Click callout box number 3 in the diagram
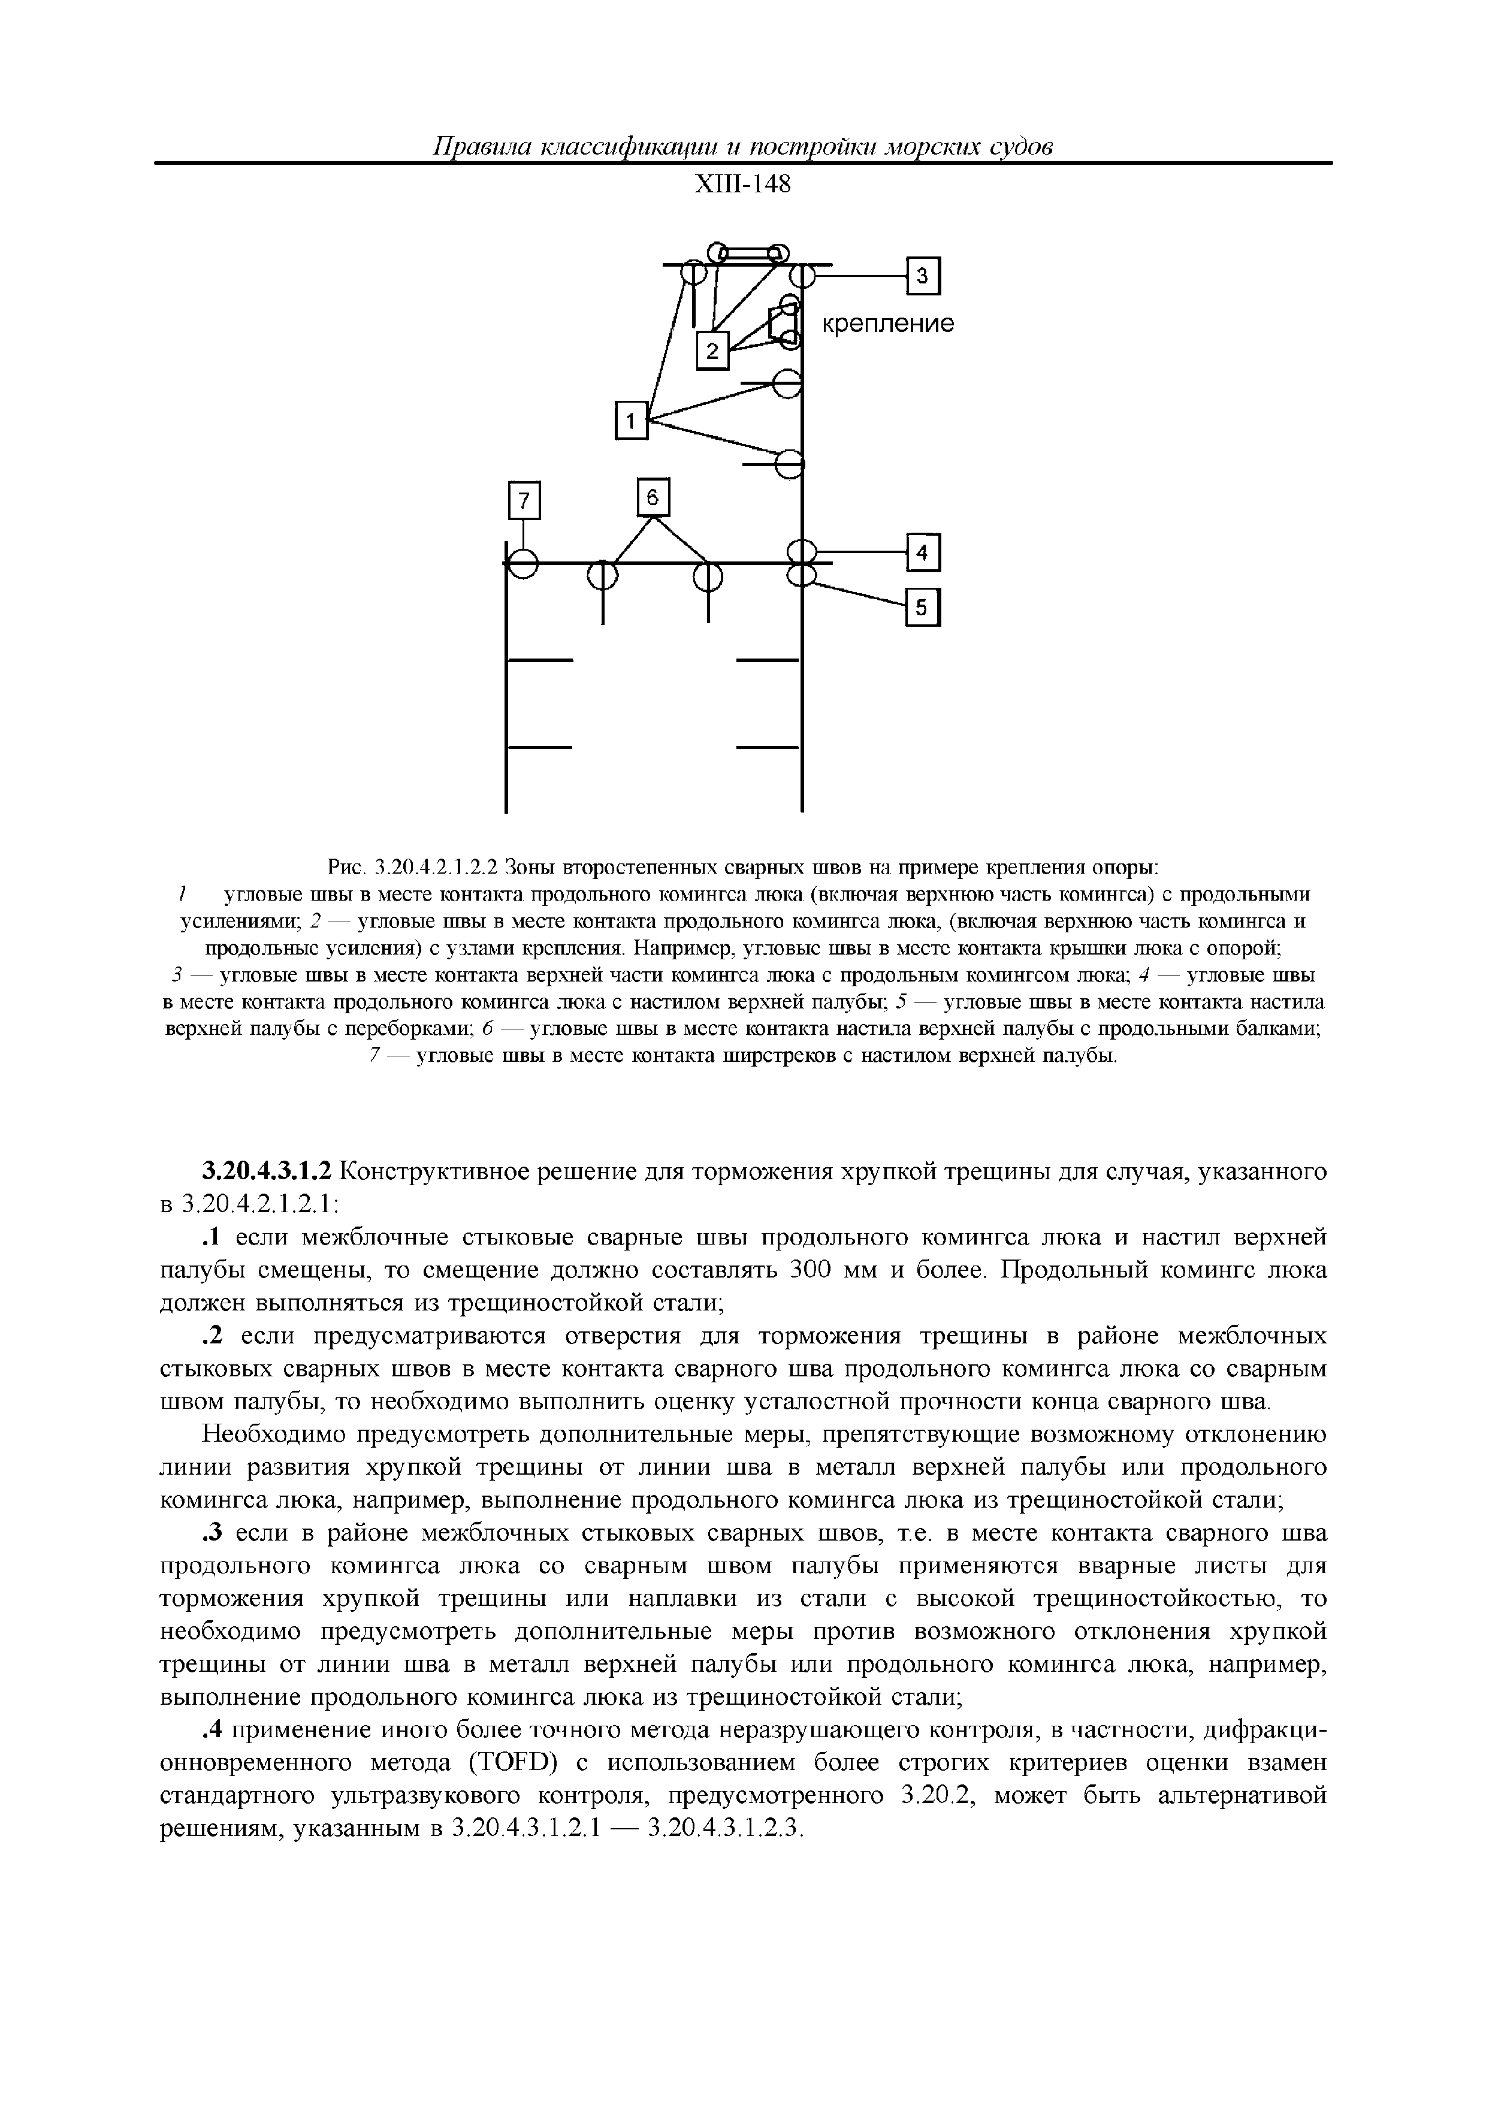[x=923, y=276]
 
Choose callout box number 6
[x=653, y=497]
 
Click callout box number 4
[x=923, y=553]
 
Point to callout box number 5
[x=923, y=607]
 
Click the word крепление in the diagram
[x=886, y=324]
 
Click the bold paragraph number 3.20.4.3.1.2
[x=269, y=1172]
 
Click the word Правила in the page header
[x=481, y=146]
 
